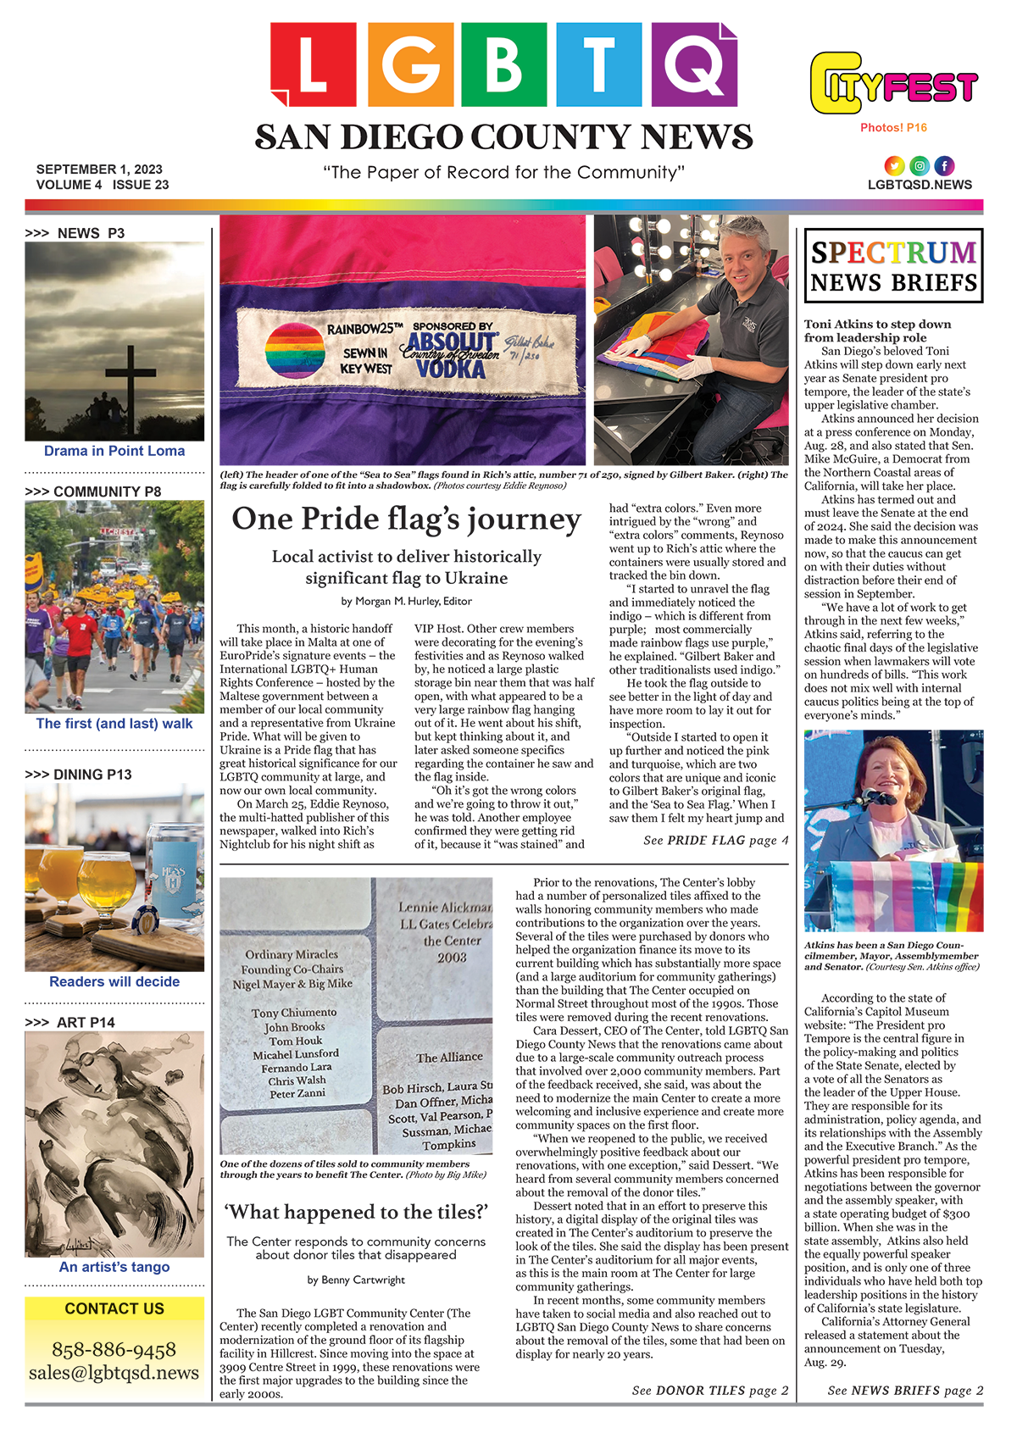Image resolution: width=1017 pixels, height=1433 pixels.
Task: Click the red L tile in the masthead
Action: coord(313,64)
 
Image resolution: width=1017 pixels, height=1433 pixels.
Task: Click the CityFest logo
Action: coord(893,83)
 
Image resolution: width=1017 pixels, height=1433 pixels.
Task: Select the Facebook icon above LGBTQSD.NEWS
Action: coord(943,166)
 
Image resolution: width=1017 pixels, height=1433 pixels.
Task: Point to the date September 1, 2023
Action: coord(99,169)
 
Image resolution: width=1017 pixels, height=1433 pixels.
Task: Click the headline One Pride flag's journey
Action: coord(406,519)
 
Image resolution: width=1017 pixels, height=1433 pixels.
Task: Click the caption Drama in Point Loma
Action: coord(114,451)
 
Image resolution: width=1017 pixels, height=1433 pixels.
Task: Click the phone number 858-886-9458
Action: coord(114,1349)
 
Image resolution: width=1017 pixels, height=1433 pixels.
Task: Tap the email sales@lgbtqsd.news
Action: coord(114,1372)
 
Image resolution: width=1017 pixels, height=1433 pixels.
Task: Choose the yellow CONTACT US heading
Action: coord(114,1308)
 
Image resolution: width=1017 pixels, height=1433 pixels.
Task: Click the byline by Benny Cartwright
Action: coord(356,1280)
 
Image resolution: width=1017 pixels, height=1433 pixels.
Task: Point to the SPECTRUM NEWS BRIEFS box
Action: coord(893,266)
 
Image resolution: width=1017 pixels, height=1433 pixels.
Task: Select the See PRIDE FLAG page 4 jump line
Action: coord(715,841)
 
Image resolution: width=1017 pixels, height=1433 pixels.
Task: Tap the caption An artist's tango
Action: coord(114,1267)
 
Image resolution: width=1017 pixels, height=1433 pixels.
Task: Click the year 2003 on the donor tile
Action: coord(452,957)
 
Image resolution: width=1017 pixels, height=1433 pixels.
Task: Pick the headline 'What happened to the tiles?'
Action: coord(356,1213)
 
